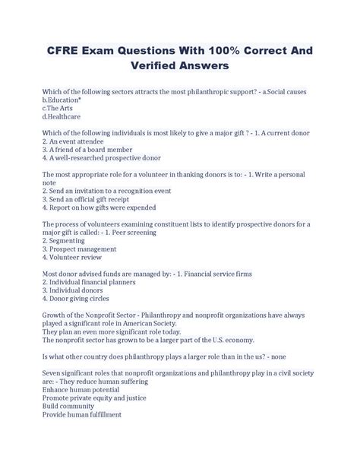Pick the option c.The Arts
coord(60,108)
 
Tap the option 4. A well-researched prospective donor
coord(102,158)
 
